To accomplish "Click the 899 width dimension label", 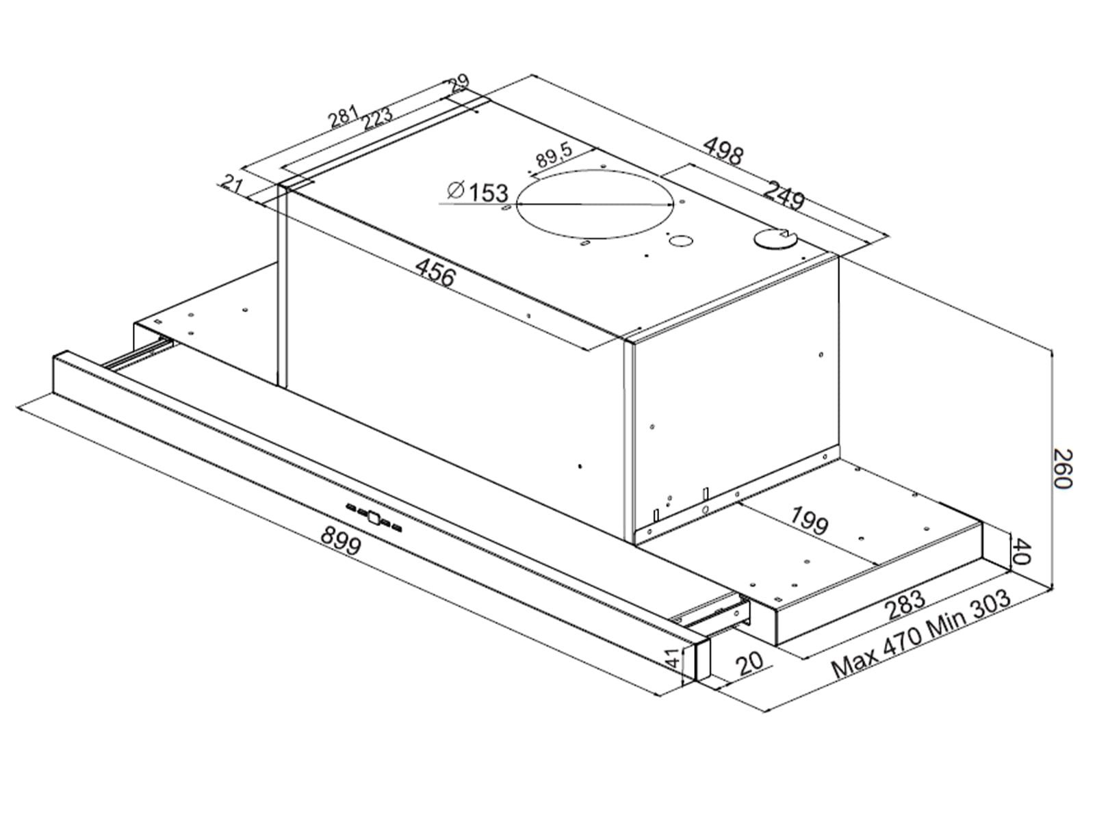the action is pos(341,541).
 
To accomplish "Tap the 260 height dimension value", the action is pos(1061,469).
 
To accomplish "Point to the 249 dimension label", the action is pos(784,196).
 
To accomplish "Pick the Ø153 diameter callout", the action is pos(478,192).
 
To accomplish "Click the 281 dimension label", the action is pos(344,116).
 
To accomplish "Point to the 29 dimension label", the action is pos(458,84).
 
